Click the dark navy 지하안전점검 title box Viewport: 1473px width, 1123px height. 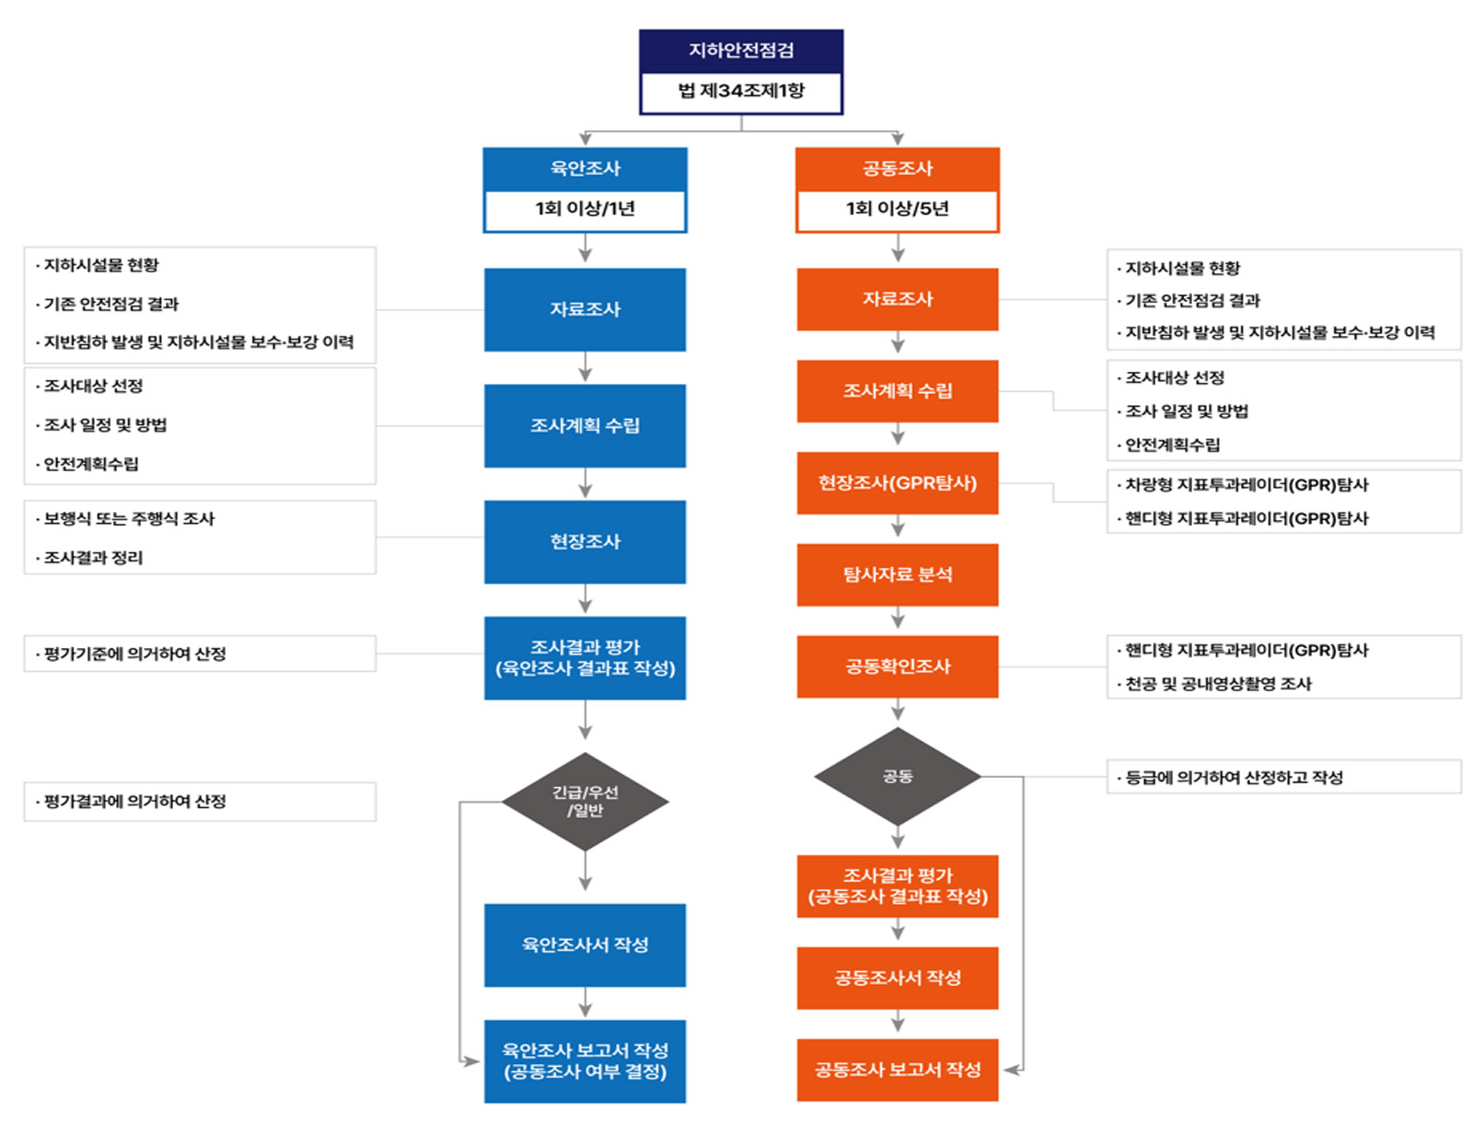[741, 51]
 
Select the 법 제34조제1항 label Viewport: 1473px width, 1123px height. [741, 91]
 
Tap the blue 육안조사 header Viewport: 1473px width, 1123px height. [585, 168]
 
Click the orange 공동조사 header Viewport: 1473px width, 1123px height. [898, 168]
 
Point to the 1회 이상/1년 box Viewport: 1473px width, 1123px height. [585, 209]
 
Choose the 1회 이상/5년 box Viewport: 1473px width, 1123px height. [898, 209]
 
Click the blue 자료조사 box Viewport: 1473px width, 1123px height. [585, 309]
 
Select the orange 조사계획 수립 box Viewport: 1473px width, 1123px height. [898, 391]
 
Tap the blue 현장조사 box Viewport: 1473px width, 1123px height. [585, 541]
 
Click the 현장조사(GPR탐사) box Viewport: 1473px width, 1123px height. [898, 483]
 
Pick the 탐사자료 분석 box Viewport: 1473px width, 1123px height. [898, 574]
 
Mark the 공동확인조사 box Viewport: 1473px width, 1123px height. [898, 666]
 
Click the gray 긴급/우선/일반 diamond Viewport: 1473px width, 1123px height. [585, 802]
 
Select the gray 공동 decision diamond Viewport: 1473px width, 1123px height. [898, 777]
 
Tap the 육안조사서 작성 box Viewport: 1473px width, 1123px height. [585, 944]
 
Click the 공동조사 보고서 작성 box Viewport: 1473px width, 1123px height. [898, 1070]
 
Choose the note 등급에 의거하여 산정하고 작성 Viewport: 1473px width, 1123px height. [1234, 778]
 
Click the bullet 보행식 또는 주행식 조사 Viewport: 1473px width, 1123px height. [130, 519]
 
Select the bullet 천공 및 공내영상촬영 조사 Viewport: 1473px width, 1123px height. [1218, 684]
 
